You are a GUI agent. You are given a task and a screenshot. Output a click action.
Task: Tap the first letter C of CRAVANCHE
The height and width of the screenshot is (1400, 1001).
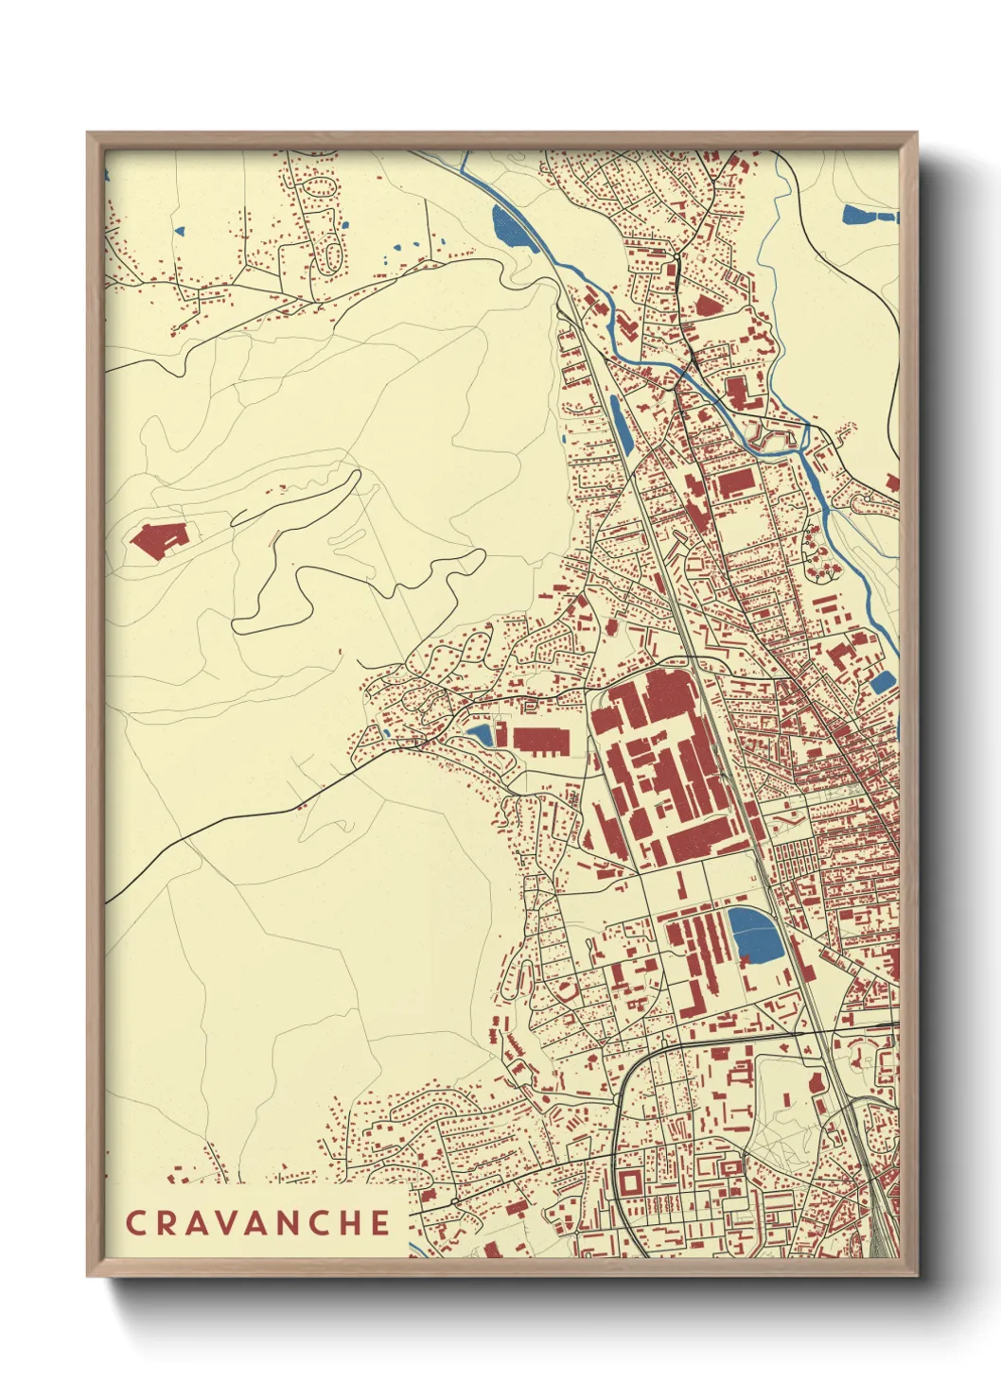[x=135, y=1222]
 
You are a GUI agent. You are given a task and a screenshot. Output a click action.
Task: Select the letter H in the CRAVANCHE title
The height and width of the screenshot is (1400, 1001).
[x=349, y=1222]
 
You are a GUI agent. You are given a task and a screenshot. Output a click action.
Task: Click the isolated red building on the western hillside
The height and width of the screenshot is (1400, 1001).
[x=159, y=540]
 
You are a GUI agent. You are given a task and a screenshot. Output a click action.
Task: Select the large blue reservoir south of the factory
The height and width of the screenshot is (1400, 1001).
[x=753, y=933]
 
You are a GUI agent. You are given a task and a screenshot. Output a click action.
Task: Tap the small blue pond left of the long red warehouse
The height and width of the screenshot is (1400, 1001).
[x=480, y=734]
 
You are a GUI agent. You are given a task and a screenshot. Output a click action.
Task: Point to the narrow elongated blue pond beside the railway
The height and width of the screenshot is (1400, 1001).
[x=620, y=424]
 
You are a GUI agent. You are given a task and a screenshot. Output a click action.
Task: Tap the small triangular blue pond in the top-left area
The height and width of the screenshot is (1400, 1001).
[x=178, y=229]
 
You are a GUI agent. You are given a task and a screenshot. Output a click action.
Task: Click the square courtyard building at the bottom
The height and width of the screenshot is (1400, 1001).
[x=628, y=1182]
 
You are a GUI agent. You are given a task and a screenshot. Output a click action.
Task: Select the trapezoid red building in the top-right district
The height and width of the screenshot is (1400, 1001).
[x=707, y=305]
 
